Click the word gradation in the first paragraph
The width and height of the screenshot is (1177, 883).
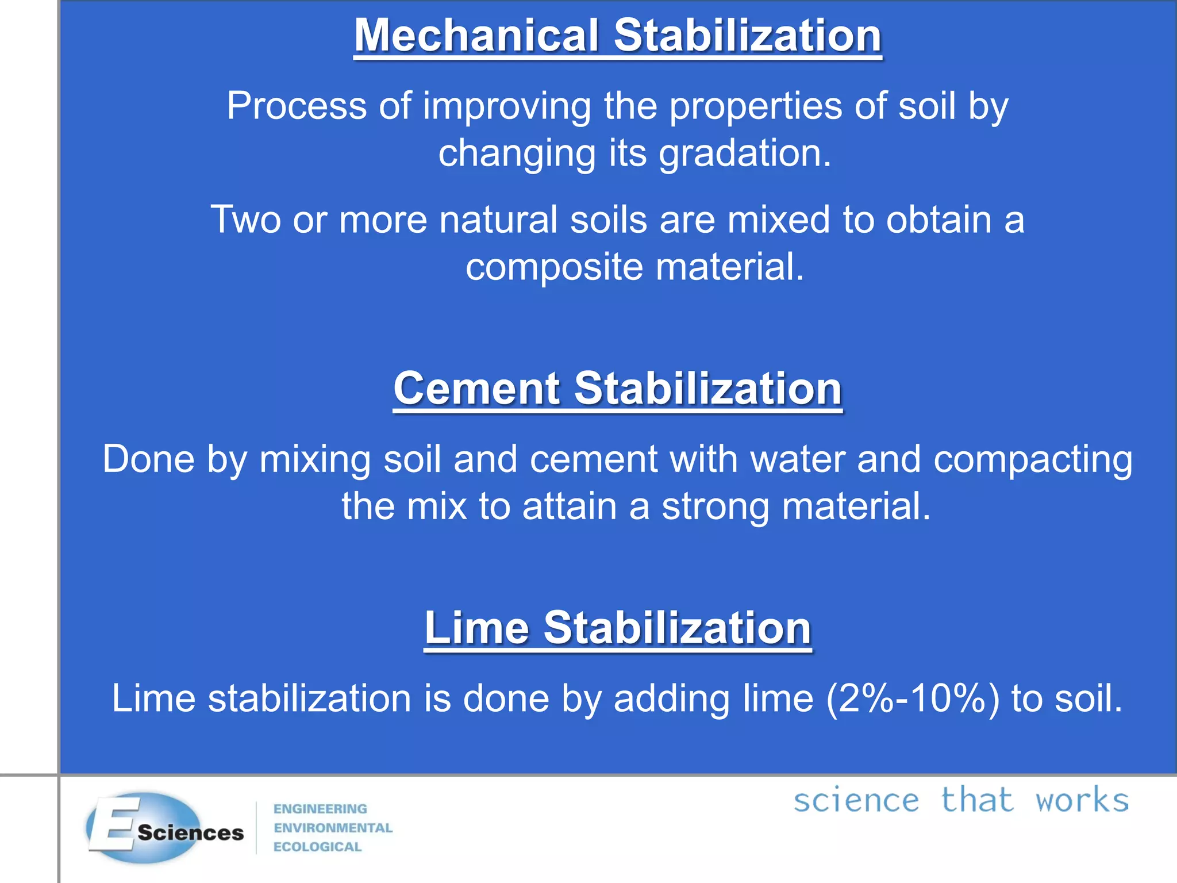click(745, 154)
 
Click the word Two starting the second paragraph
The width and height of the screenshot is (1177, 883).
click(245, 220)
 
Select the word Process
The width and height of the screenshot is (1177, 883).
click(297, 106)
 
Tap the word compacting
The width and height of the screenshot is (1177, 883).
click(1033, 460)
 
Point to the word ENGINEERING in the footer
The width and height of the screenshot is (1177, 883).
click(320, 809)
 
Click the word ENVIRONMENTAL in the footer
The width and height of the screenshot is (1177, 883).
click(333, 828)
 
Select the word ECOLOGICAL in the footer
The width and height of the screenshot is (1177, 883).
click(317, 847)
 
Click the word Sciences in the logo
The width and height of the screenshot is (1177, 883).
click(191, 833)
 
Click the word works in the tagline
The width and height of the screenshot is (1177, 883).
click(1082, 801)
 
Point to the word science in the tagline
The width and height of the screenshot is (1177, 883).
click(856, 801)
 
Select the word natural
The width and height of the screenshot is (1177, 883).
click(498, 220)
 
